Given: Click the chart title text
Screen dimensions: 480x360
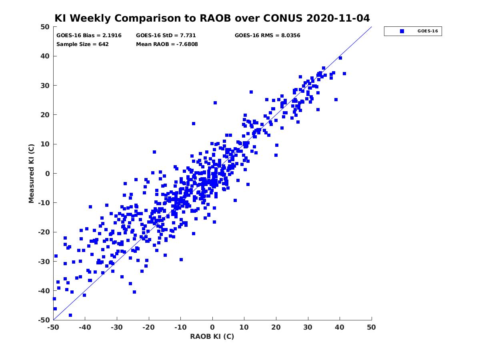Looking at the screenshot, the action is pos(212,18).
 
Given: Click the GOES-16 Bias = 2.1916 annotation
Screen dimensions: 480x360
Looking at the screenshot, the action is pos(89,36).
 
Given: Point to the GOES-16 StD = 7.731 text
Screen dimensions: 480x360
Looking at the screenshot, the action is pos(166,36).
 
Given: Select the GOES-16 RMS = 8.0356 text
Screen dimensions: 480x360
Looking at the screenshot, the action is pos(268,36).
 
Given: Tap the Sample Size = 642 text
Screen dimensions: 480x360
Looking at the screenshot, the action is pos(82,44).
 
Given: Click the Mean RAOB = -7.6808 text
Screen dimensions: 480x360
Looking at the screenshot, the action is pos(167,44).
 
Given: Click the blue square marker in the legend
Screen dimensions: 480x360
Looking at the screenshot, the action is pos(402,31).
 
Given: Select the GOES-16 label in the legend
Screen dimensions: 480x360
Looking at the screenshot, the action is pos(428,31).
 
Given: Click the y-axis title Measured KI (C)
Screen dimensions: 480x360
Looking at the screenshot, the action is pos(31,173).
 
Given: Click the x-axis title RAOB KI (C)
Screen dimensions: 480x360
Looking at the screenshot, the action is pos(212,336).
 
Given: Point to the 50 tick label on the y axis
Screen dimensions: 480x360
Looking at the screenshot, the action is pos(45,27).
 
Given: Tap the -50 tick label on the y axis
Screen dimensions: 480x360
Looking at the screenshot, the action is pos(44,320).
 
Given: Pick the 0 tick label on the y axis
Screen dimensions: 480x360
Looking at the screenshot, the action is pos(48,174).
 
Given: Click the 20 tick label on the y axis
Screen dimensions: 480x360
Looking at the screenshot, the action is pos(45,115).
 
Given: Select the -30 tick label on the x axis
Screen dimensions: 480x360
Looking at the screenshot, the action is pos(117,327).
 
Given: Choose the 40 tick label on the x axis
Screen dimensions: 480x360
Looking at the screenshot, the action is pos(340,327).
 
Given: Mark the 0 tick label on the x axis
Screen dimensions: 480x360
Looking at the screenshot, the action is pos(212,327).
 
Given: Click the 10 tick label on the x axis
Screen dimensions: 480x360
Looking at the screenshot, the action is pos(244,327).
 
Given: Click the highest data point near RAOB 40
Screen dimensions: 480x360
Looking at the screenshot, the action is pos(340,58).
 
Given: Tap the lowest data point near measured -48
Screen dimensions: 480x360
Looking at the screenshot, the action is pos(70,315).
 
